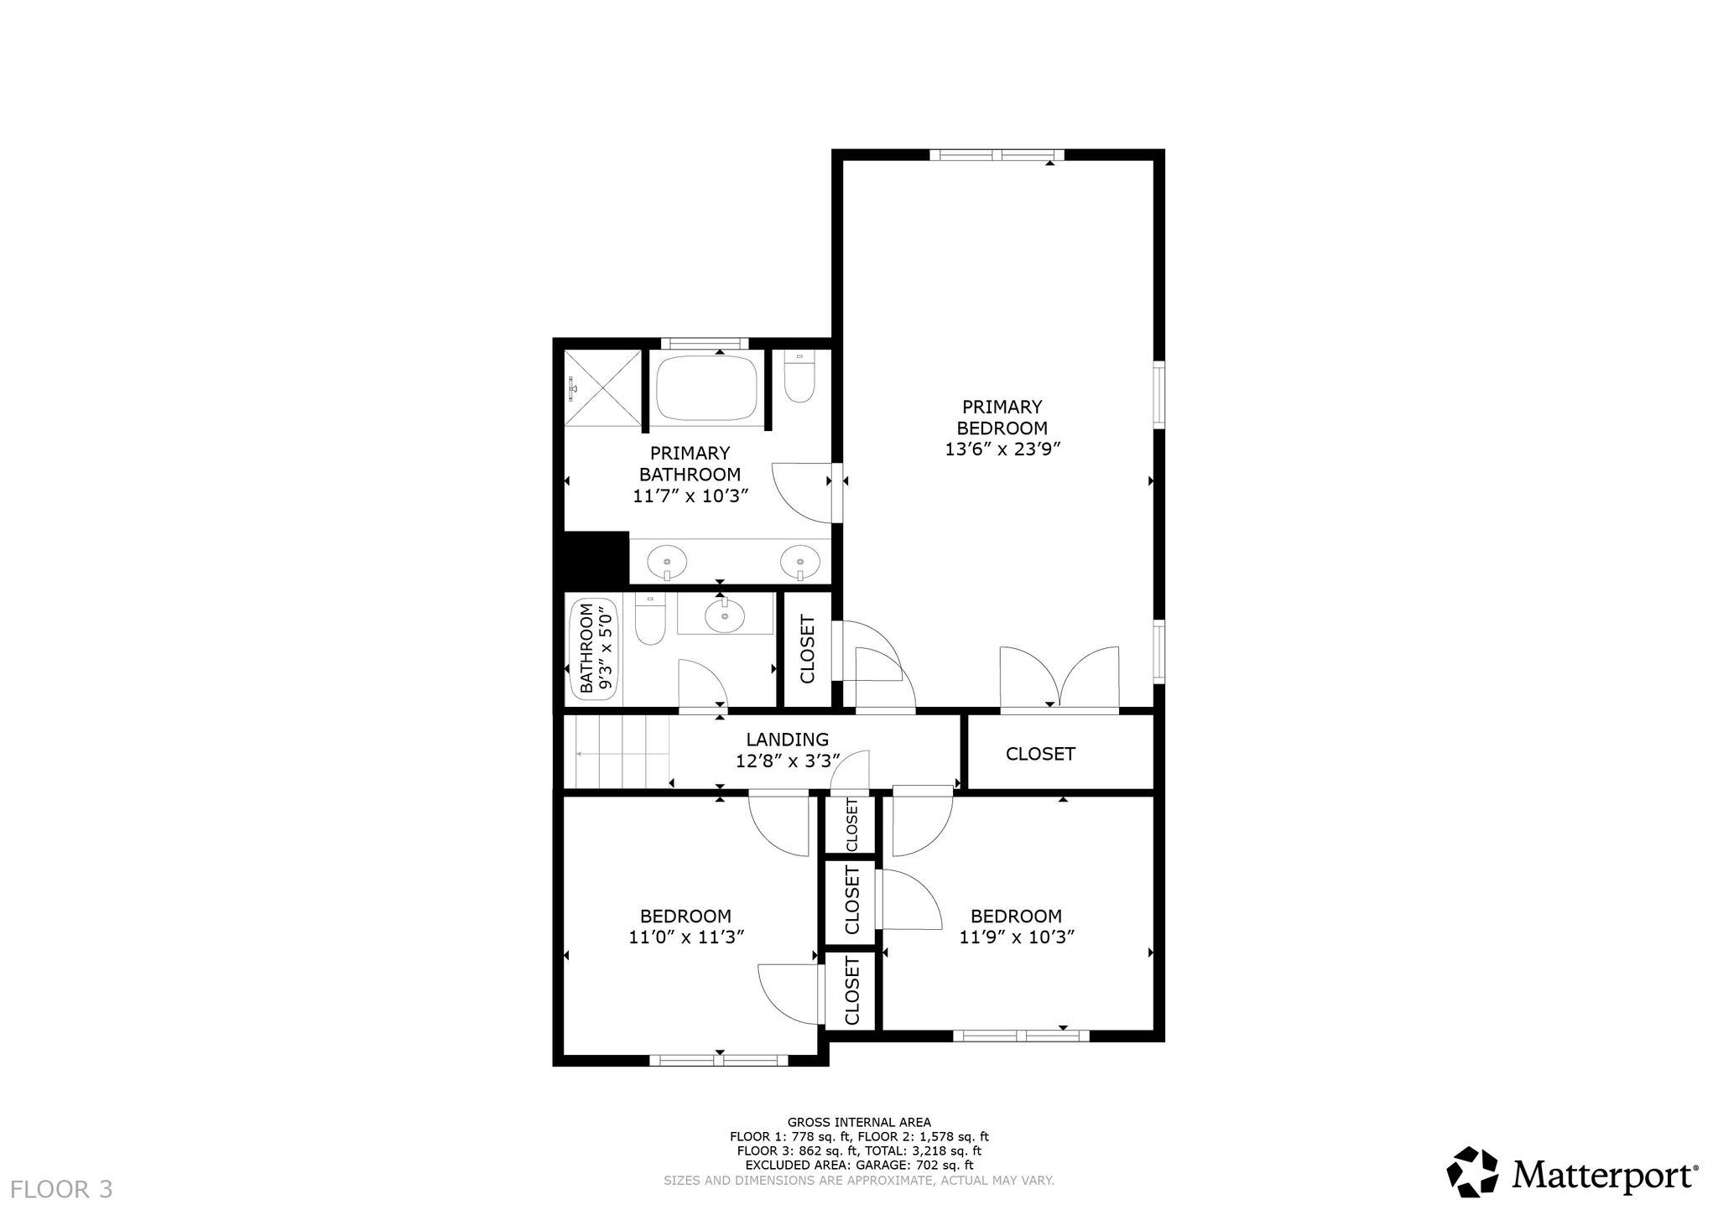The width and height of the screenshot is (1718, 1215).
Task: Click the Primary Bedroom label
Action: [1002, 418]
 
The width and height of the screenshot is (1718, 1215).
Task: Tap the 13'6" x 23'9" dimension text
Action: [1003, 449]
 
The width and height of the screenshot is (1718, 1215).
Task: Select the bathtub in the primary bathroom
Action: [706, 389]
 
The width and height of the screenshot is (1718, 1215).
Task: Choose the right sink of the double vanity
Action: [799, 561]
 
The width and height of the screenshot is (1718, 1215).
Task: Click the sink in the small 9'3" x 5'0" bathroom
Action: [724, 616]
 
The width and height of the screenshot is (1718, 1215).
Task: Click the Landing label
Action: [788, 740]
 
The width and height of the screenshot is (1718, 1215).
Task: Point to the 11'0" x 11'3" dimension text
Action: [687, 937]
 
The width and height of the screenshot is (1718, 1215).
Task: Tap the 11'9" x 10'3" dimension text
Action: [1018, 937]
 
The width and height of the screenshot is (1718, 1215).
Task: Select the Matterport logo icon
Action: [1473, 1172]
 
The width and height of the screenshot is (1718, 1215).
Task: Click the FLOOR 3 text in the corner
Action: [61, 1189]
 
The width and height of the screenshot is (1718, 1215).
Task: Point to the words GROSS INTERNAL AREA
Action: [859, 1122]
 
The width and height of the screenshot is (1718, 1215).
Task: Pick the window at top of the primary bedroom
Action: [997, 154]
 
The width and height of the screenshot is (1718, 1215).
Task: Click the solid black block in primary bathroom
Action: [596, 558]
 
